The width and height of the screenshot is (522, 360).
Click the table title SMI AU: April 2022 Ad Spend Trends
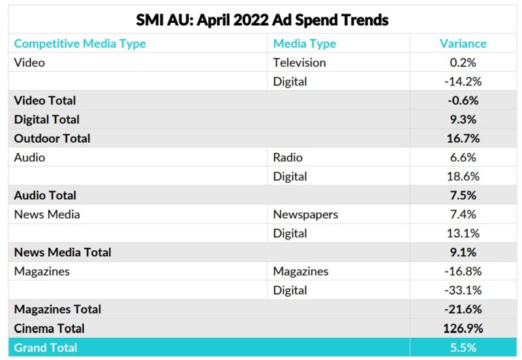(262, 20)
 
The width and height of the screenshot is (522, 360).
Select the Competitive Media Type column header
(80, 44)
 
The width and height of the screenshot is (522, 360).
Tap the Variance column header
(463, 44)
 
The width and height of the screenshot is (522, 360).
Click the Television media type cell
(299, 63)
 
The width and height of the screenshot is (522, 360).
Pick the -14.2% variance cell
(463, 82)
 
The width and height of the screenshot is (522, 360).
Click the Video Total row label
(45, 100)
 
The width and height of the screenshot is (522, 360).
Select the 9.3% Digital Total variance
(463, 119)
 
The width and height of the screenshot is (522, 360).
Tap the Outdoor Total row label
(52, 138)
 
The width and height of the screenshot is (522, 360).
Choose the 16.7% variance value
(463, 138)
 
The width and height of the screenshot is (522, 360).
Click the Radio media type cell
(288, 157)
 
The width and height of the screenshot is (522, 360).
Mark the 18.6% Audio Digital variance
(463, 176)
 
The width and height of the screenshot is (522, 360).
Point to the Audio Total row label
(45, 195)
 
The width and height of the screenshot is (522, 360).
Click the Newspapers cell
(305, 214)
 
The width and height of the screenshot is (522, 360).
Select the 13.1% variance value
(463, 233)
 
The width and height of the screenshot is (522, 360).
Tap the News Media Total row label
(63, 252)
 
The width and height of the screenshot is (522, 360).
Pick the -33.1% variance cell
(463, 290)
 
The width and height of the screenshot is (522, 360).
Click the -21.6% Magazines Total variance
(463, 309)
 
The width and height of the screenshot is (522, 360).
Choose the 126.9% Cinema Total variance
(463, 328)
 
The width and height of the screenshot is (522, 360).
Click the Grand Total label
(45, 348)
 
